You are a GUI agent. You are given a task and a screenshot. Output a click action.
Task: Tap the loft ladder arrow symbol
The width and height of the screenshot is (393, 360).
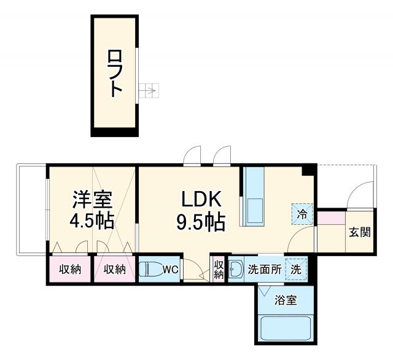tap(149, 92)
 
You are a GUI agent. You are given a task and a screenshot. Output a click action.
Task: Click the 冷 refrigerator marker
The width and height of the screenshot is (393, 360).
tap(302, 214)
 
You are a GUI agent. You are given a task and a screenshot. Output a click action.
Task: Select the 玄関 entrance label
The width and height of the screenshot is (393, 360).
tap(359, 232)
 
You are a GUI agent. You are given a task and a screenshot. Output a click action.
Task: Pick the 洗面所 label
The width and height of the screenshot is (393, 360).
tap(265, 268)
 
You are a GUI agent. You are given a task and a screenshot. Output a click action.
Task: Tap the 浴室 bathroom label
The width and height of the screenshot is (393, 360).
tap(286, 300)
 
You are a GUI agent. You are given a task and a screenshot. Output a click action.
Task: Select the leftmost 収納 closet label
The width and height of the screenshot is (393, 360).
tap(70, 268)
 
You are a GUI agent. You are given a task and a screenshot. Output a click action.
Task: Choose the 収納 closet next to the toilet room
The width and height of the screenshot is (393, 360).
tap(114, 268)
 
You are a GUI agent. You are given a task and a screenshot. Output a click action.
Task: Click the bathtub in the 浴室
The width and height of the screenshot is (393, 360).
tap(286, 329)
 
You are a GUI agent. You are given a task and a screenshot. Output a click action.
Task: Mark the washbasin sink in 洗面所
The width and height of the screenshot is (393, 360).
tap(236, 268)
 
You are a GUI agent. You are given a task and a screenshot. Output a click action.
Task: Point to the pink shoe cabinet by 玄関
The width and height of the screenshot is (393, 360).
tap(332, 216)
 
